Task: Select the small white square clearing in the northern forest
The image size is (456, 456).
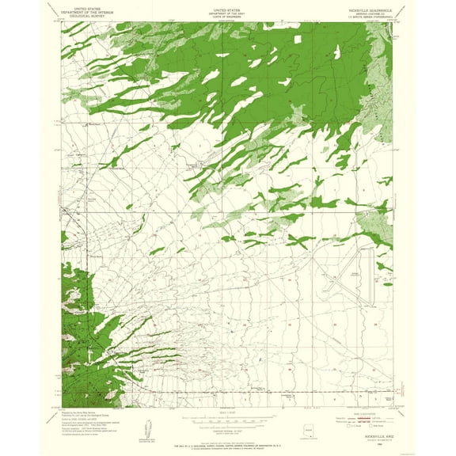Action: point(299,39)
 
